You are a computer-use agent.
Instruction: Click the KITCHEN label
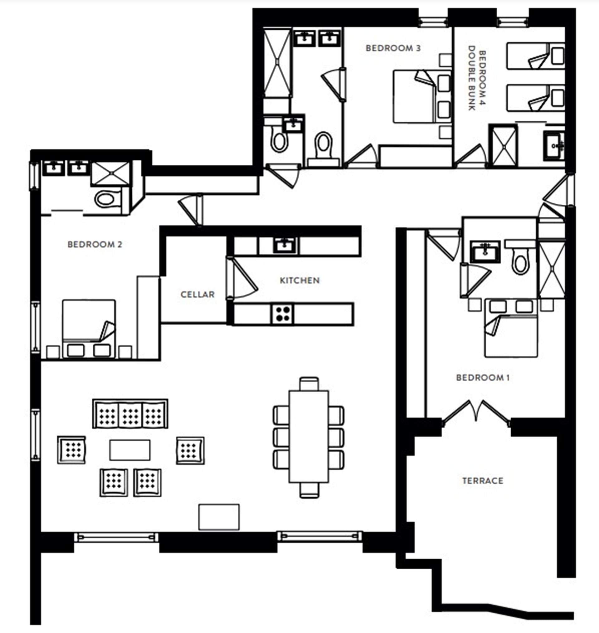pyautogui.click(x=299, y=280)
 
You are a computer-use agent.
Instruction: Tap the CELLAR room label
pyautogui.click(x=198, y=294)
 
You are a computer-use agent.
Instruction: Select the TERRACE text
pyautogui.click(x=482, y=481)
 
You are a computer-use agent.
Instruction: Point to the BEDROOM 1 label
pyautogui.click(x=483, y=377)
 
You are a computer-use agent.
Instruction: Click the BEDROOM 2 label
pyautogui.click(x=95, y=245)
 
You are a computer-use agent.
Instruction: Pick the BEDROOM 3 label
pyautogui.click(x=393, y=48)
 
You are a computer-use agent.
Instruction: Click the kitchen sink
pyautogui.click(x=286, y=245)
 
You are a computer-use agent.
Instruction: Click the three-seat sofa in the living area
pyautogui.click(x=130, y=413)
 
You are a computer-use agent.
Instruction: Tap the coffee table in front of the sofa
pyautogui.click(x=130, y=450)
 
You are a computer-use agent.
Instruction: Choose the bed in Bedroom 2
pyautogui.click(x=89, y=329)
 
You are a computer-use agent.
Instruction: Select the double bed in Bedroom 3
pyautogui.click(x=421, y=97)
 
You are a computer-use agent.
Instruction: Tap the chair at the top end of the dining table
pyautogui.click(x=309, y=384)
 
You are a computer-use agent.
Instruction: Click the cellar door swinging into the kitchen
pyautogui.click(x=241, y=278)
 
